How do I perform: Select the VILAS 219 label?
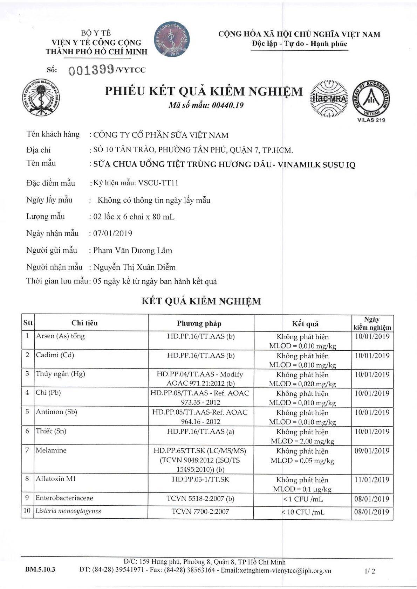pyautogui.click(x=371, y=120)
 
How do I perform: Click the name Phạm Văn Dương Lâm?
pyautogui.click(x=133, y=251)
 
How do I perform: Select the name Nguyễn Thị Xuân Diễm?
pyautogui.click(x=135, y=267)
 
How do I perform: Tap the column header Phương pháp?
pyautogui.click(x=199, y=323)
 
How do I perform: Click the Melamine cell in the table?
pyautogui.click(x=51, y=450)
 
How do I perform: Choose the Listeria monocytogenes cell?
pyautogui.click(x=68, y=511)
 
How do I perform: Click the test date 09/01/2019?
pyautogui.click(x=372, y=451)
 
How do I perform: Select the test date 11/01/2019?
pyautogui.click(x=372, y=480)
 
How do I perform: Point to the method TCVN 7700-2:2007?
pyautogui.click(x=200, y=511)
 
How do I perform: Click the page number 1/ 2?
pyautogui.click(x=370, y=571)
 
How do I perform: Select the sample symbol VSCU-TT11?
pyautogui.click(x=160, y=183)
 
